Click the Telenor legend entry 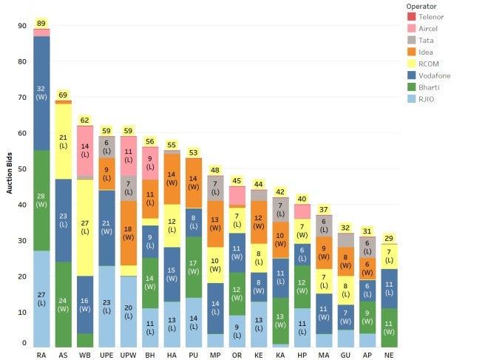tap(430, 16)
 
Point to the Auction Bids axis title tap(10, 176)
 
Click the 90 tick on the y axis tap(21, 26)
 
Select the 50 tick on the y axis tap(21, 169)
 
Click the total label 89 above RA tap(41, 24)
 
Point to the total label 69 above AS tap(63, 95)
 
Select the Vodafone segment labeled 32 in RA tap(41, 93)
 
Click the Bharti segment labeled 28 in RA tap(41, 200)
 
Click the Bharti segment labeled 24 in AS tap(63, 305)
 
